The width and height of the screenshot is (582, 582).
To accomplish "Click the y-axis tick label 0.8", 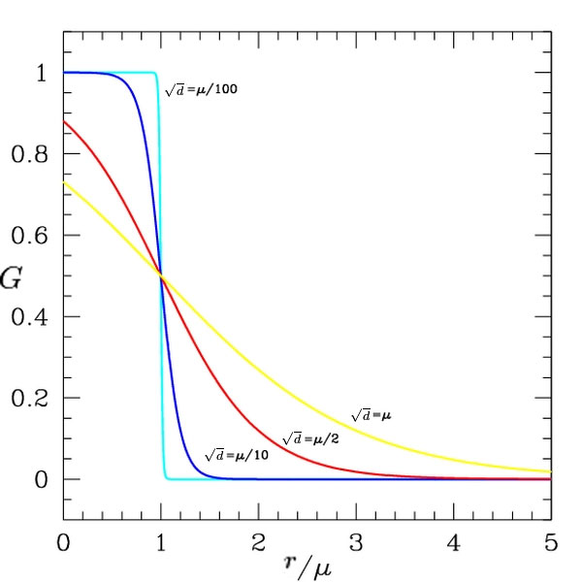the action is (30, 154).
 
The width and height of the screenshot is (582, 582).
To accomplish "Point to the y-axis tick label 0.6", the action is (30, 236).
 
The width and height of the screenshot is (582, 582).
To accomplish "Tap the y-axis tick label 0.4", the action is (30, 317).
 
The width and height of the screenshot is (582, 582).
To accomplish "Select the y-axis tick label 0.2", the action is (30, 399).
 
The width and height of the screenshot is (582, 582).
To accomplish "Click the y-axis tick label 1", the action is (41, 73).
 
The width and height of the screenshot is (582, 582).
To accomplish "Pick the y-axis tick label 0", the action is (41, 480).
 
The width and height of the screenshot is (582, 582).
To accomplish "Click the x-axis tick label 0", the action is (63, 543).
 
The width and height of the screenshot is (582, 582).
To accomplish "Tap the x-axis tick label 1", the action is (161, 543).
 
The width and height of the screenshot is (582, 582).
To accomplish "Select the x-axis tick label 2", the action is (258, 543).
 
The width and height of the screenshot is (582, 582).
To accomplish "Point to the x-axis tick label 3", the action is (356, 543).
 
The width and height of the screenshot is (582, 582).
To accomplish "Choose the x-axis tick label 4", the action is (454, 543).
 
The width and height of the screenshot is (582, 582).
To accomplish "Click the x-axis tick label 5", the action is (551, 543).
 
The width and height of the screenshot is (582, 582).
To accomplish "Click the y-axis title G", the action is (11, 278).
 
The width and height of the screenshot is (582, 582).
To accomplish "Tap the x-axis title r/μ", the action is (307, 566).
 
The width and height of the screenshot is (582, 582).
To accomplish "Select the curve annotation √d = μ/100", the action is (201, 90).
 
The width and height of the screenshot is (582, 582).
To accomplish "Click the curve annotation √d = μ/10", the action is (237, 455).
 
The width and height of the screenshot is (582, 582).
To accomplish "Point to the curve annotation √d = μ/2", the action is (310, 439).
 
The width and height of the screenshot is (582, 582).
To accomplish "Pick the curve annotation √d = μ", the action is (372, 415).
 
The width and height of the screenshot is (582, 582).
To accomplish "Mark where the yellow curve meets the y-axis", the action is (63, 182).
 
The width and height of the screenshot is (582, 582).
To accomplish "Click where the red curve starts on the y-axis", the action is (63, 121).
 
